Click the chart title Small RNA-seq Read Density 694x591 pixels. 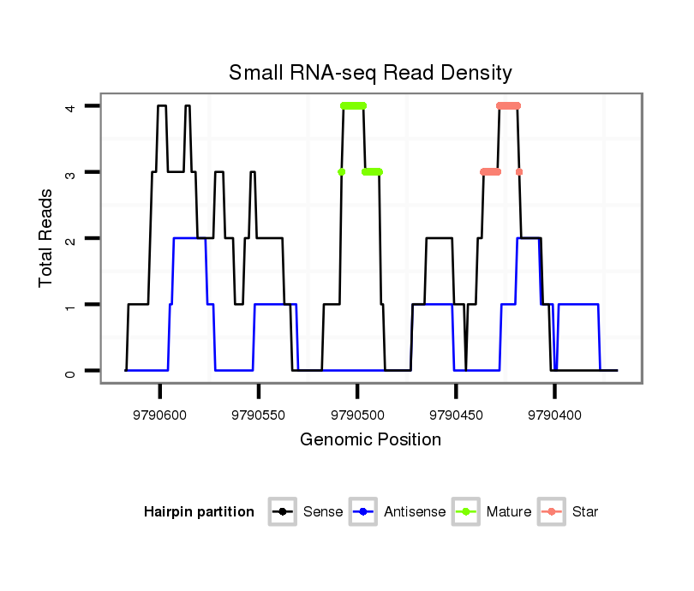coord(370,73)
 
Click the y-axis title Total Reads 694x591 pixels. coord(46,238)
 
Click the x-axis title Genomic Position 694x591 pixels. coord(370,440)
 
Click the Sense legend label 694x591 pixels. coord(323,512)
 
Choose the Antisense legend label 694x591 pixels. coord(415,512)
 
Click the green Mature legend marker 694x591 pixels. coord(466,512)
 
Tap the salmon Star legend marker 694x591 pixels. coord(552,512)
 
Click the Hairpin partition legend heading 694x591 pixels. coord(199,512)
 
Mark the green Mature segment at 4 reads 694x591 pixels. coord(353,105)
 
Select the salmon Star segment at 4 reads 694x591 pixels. coord(508,105)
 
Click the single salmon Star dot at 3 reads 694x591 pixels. coord(519,172)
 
